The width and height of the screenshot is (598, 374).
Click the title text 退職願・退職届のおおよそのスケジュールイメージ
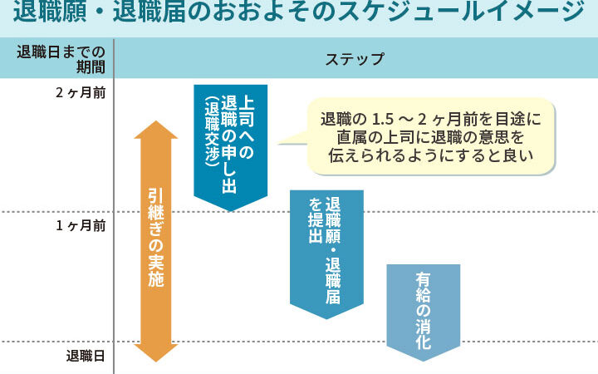pos(299,15)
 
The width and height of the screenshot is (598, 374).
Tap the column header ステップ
pos(355,59)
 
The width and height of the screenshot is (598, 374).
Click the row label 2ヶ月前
pos(80,92)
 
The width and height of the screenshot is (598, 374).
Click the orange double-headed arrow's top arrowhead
pos(155,130)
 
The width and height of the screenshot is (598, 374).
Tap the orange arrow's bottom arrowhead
pos(155,352)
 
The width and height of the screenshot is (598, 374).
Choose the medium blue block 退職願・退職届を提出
pos(326,249)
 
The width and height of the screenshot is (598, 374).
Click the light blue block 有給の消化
pos(423,303)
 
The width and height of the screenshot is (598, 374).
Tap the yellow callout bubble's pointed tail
pos(287,142)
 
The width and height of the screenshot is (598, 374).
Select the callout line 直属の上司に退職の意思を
pos(430,136)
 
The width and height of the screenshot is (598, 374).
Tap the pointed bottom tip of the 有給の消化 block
pos(423,359)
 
